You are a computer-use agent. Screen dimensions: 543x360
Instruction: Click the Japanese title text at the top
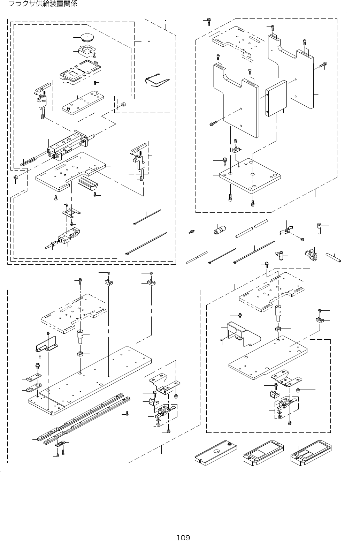click(x=42, y=4)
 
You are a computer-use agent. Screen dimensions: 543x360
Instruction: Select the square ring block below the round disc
click(x=87, y=51)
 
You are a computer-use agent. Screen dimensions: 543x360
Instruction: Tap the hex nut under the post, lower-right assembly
click(x=278, y=329)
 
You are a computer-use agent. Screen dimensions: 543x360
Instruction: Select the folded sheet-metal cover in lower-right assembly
click(x=244, y=333)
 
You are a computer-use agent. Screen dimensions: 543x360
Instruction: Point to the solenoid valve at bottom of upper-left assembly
click(x=68, y=237)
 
